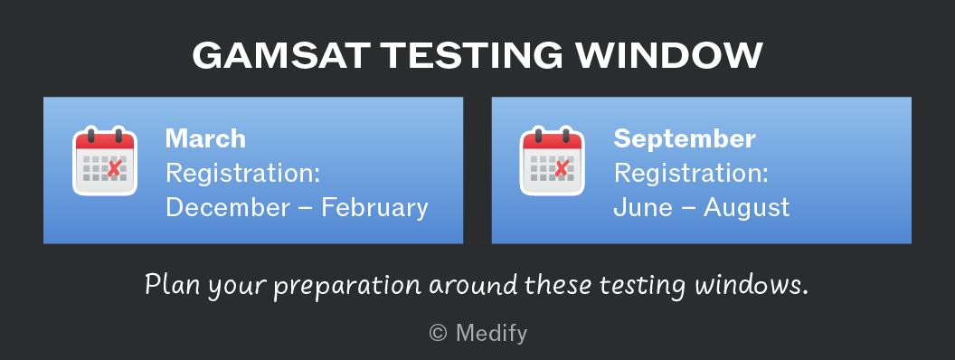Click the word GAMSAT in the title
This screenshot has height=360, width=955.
(x=280, y=56)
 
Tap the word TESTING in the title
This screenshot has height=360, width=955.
(x=473, y=56)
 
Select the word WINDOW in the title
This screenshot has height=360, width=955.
(x=669, y=56)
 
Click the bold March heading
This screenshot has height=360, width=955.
(x=205, y=139)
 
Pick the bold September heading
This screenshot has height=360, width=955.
(x=684, y=139)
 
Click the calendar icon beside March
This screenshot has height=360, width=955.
(x=105, y=161)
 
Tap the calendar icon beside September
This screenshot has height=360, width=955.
(x=552, y=161)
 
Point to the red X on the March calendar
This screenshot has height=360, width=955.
(x=114, y=168)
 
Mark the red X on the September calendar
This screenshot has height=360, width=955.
(x=561, y=168)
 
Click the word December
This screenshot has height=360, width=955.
(x=228, y=208)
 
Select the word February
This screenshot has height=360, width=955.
(x=374, y=209)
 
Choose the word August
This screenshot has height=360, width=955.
(x=747, y=209)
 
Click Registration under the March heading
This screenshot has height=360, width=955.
(x=243, y=175)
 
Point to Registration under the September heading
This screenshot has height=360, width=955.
(x=691, y=175)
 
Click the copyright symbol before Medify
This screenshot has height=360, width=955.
(x=438, y=333)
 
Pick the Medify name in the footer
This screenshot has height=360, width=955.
(x=491, y=334)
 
